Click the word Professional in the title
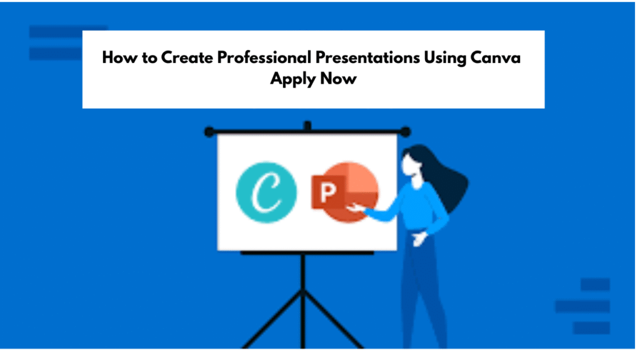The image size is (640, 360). click(264, 57)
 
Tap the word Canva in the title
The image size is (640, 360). click(495, 57)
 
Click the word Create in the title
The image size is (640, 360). click(187, 57)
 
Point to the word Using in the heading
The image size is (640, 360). click(445, 58)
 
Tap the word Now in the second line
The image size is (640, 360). click(338, 78)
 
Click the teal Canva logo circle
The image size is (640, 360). click(266, 192)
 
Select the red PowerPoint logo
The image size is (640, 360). click(345, 192)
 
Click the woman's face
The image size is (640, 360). click(409, 165)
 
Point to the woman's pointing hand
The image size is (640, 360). click(356, 207)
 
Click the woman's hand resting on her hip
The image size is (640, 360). click(419, 238)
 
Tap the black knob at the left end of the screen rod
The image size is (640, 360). click(209, 132)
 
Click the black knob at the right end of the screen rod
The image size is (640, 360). click(405, 132)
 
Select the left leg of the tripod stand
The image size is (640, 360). click(272, 319)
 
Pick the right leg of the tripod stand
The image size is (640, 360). click(333, 319)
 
